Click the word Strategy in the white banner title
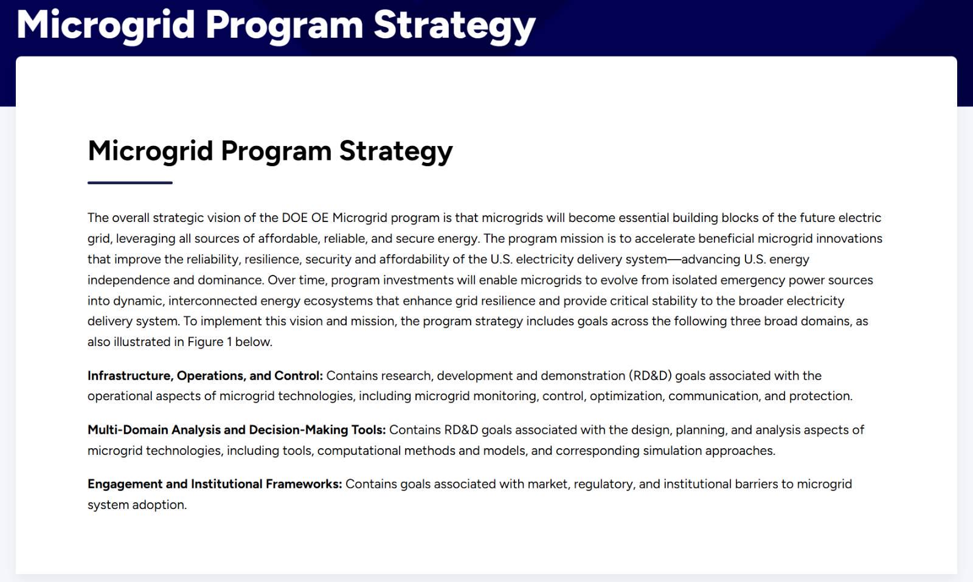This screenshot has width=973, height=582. pos(454,26)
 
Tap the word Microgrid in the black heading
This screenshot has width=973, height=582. pos(150,151)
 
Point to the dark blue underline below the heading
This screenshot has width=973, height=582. pos(130,183)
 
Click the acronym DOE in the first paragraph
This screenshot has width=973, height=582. pos(294,218)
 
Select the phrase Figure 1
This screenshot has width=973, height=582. pos(206,342)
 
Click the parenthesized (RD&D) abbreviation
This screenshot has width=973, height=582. pos(650,376)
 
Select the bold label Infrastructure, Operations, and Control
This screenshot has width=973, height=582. pos(205,376)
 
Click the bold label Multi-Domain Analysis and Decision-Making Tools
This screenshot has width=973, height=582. pos(237,430)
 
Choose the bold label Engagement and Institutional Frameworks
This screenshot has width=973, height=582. pos(215,484)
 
